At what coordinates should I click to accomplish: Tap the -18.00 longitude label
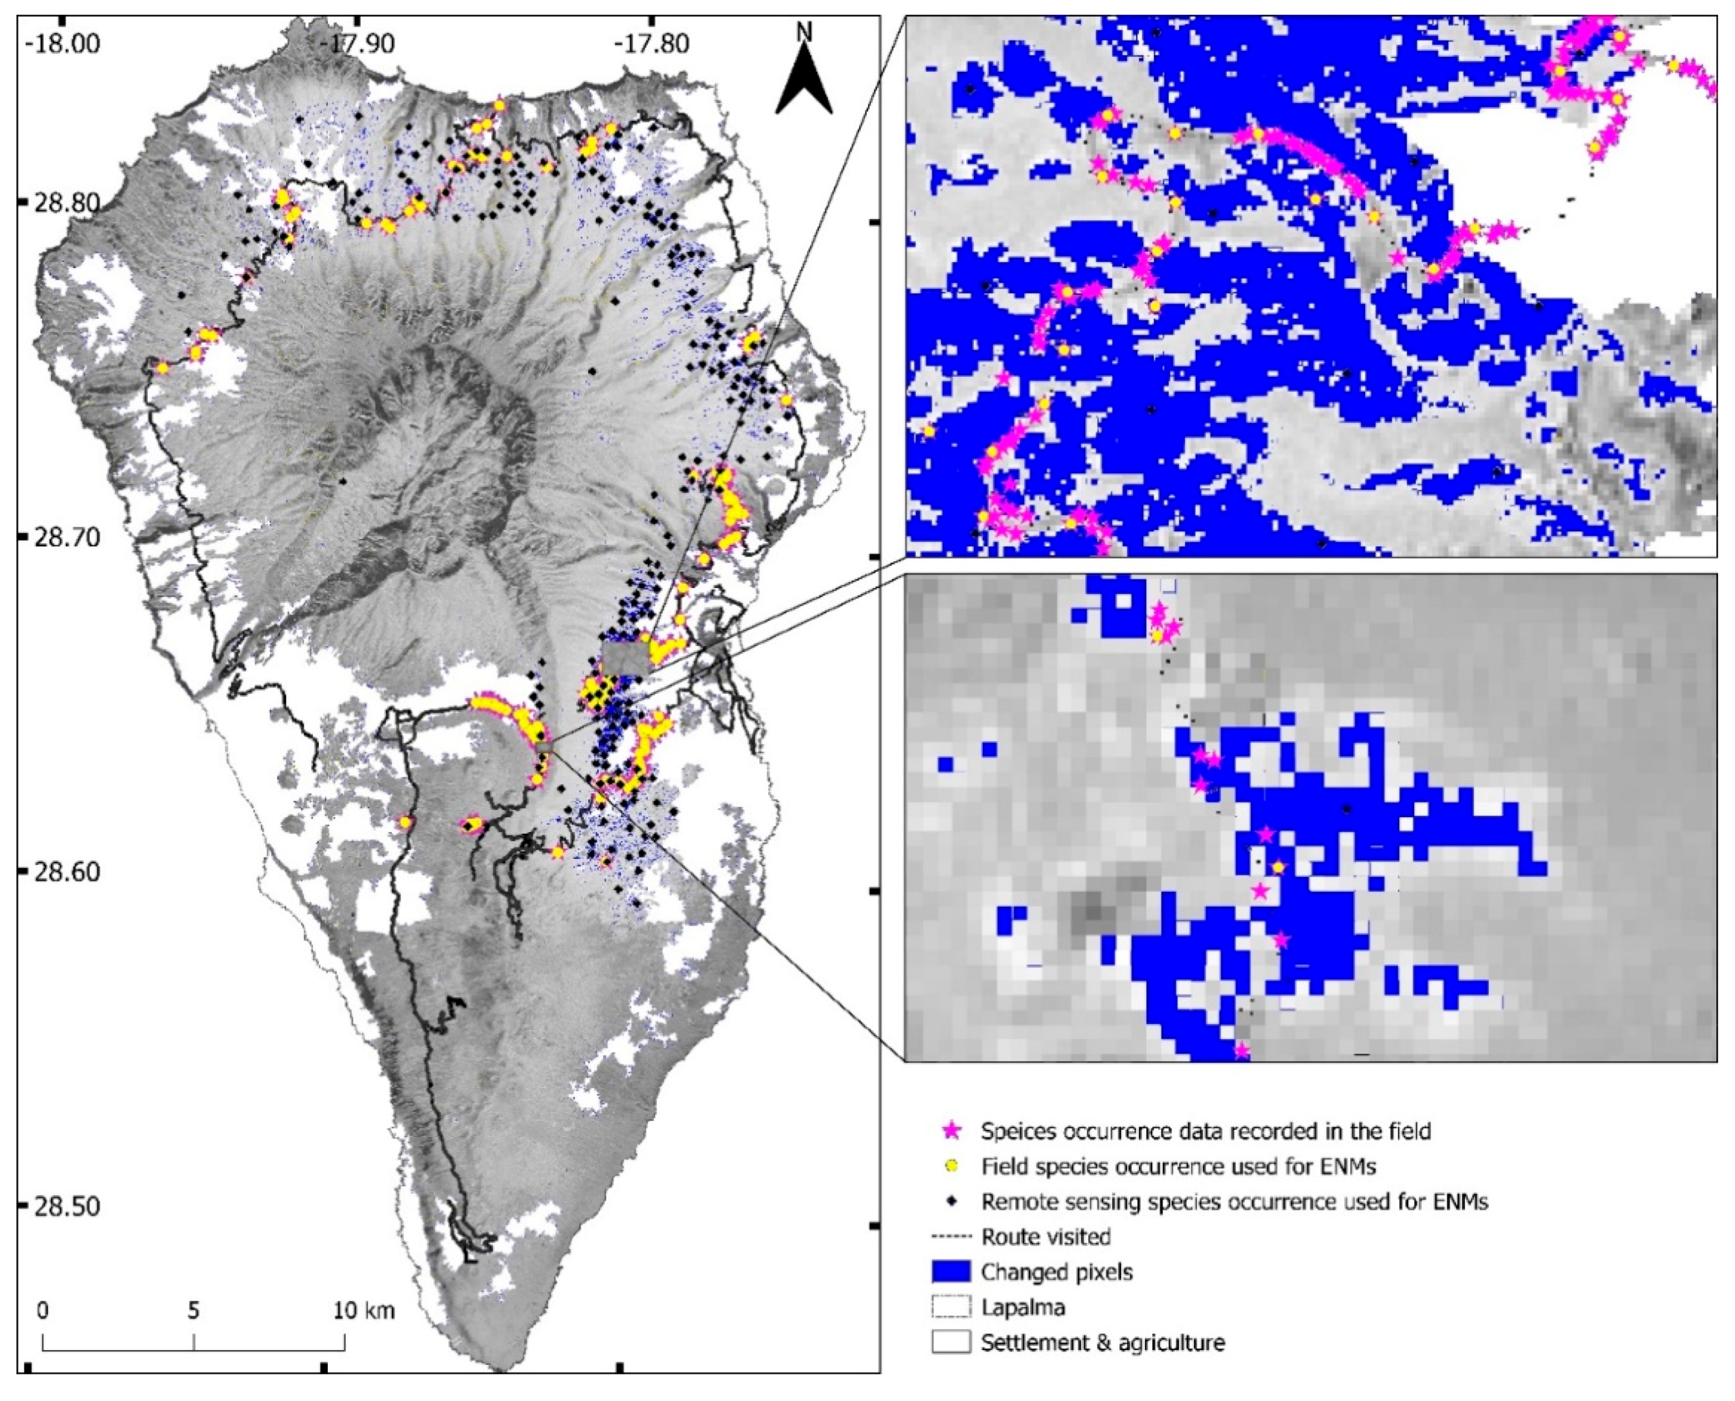point(64,42)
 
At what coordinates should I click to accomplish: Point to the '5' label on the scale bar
point(193,1309)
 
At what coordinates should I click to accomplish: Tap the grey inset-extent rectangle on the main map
point(626,658)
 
